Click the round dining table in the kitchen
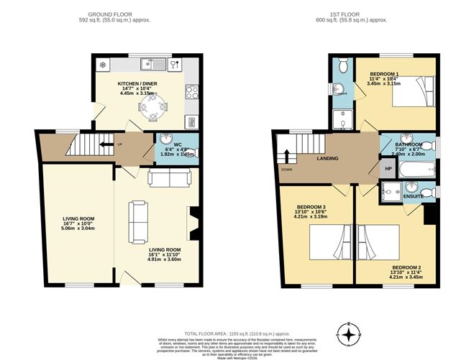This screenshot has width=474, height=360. (152, 109)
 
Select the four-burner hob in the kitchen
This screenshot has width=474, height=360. (192, 92)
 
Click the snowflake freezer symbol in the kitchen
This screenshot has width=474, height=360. (102, 65)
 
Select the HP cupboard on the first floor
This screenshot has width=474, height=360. (388, 169)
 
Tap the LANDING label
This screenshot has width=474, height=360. (327, 159)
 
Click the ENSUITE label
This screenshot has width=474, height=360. (413, 195)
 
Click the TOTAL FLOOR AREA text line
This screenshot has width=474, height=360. (237, 314)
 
